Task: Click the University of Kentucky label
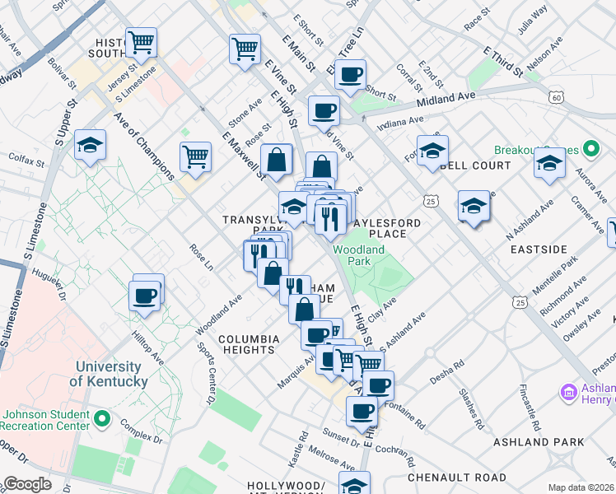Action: coord(109,374)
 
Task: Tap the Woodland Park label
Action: coord(358,256)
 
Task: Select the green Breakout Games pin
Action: coord(590,151)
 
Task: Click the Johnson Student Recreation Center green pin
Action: coord(101,420)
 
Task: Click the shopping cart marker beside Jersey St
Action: coord(142,41)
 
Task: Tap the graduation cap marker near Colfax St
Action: coord(90,146)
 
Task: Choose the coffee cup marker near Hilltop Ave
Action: coord(145,295)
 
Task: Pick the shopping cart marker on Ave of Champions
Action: coord(195,156)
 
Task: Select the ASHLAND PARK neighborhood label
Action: coord(539,442)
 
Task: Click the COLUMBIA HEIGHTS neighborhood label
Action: coord(249,344)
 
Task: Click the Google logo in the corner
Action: coord(27,484)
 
